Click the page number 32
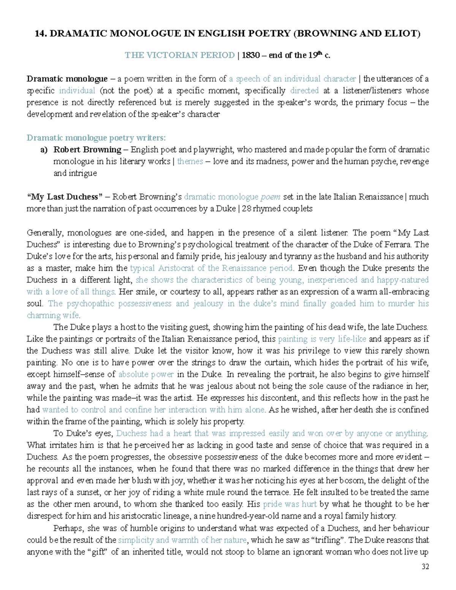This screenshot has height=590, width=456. click(x=425, y=567)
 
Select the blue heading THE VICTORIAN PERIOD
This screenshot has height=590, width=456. click(x=180, y=55)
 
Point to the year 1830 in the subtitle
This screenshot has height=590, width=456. click(x=250, y=55)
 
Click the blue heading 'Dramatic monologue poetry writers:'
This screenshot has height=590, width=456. click(x=96, y=138)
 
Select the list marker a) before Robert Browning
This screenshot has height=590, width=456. click(x=44, y=150)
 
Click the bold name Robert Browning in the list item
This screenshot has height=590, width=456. click(x=87, y=150)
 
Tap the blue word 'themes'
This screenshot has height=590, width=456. click(x=190, y=161)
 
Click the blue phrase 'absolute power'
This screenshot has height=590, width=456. click(x=146, y=374)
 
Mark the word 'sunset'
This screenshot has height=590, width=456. click(x=90, y=492)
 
